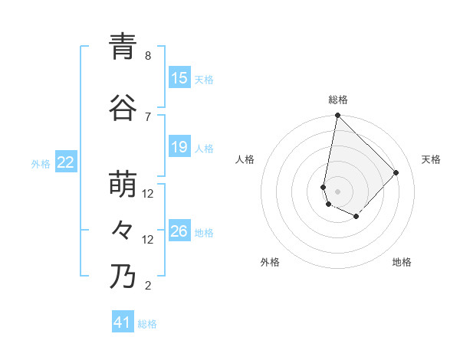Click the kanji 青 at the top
(122, 47)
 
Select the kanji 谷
(122, 108)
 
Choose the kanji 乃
(122, 277)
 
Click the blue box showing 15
(179, 78)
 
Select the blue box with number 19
(179, 147)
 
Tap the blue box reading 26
(179, 231)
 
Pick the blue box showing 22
(66, 162)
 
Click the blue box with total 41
(123, 323)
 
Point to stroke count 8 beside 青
(148, 56)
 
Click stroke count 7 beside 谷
(148, 116)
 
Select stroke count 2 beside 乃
(148, 286)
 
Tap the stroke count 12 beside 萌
(148, 194)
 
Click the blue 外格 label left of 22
(41, 163)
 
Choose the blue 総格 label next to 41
(147, 324)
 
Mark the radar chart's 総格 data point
(337, 116)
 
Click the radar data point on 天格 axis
(396, 173)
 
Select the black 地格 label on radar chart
(402, 263)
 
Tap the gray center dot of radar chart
(337, 191)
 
